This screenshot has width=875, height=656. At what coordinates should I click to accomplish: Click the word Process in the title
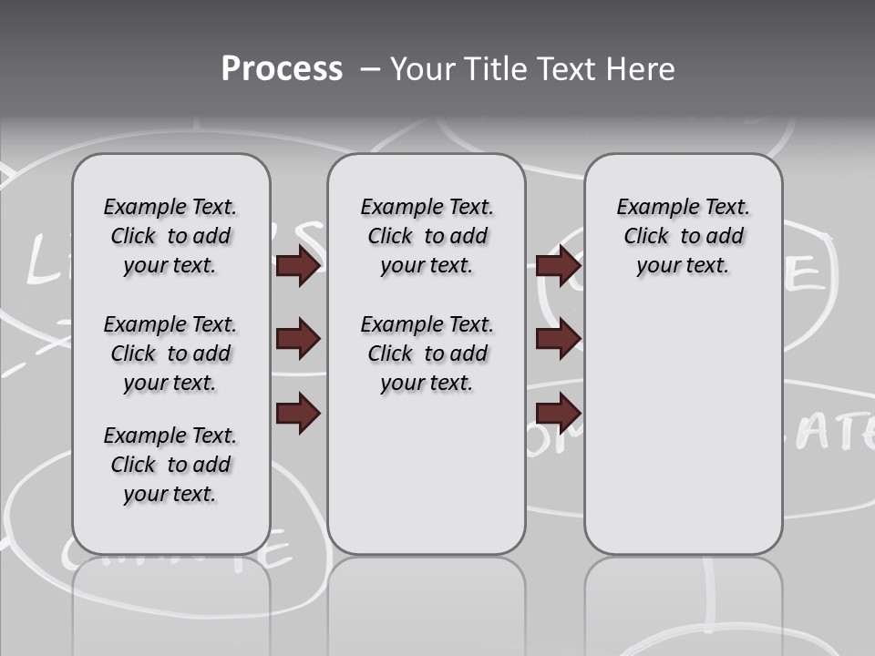(x=282, y=69)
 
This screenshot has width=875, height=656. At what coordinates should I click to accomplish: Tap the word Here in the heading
(x=642, y=69)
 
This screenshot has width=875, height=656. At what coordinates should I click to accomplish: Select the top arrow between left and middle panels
(x=298, y=266)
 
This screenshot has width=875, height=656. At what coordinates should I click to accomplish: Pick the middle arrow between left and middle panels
(x=298, y=339)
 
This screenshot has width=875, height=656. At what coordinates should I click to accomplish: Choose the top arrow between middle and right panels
(x=558, y=266)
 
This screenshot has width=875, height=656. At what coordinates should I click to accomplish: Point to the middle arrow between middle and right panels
(x=558, y=339)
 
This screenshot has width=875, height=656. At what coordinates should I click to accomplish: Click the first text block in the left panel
(x=170, y=236)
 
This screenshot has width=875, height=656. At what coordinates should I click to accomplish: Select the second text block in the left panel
(x=170, y=354)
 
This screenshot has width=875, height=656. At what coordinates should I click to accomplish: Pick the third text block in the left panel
(x=170, y=465)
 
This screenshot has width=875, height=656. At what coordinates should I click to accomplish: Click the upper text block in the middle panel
(x=427, y=236)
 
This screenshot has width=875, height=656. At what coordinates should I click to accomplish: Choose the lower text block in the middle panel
(x=427, y=354)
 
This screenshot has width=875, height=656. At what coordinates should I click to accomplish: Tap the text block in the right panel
(x=683, y=236)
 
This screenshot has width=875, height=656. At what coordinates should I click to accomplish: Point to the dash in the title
(x=370, y=69)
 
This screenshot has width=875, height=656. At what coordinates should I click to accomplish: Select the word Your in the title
(x=425, y=69)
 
